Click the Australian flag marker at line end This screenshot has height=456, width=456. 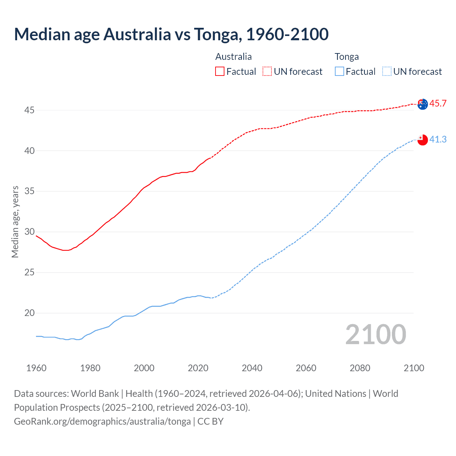click(423, 104)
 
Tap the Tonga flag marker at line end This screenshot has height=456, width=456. click(423, 140)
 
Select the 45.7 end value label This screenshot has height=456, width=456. click(438, 104)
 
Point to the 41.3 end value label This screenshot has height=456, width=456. click(438, 139)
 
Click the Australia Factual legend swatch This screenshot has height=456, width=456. click(220, 72)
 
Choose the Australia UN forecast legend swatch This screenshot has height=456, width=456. click(267, 72)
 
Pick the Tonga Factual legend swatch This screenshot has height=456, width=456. click(339, 72)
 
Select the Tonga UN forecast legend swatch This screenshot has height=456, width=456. click(387, 72)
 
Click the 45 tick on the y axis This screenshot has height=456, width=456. click(29, 110)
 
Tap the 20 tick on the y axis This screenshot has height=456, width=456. click(29, 313)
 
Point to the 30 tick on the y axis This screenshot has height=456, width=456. click(29, 232)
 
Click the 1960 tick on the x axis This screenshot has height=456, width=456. click(36, 368)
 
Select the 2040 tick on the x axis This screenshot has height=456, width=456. click(252, 368)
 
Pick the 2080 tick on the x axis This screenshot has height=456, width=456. click(360, 368)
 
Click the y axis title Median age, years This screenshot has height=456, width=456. click(15, 222)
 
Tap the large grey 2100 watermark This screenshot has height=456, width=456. click(375, 334)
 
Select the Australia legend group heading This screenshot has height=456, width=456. click(233, 57)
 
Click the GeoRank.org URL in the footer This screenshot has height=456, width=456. click(102, 421)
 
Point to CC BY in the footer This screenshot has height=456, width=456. click(211, 421)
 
